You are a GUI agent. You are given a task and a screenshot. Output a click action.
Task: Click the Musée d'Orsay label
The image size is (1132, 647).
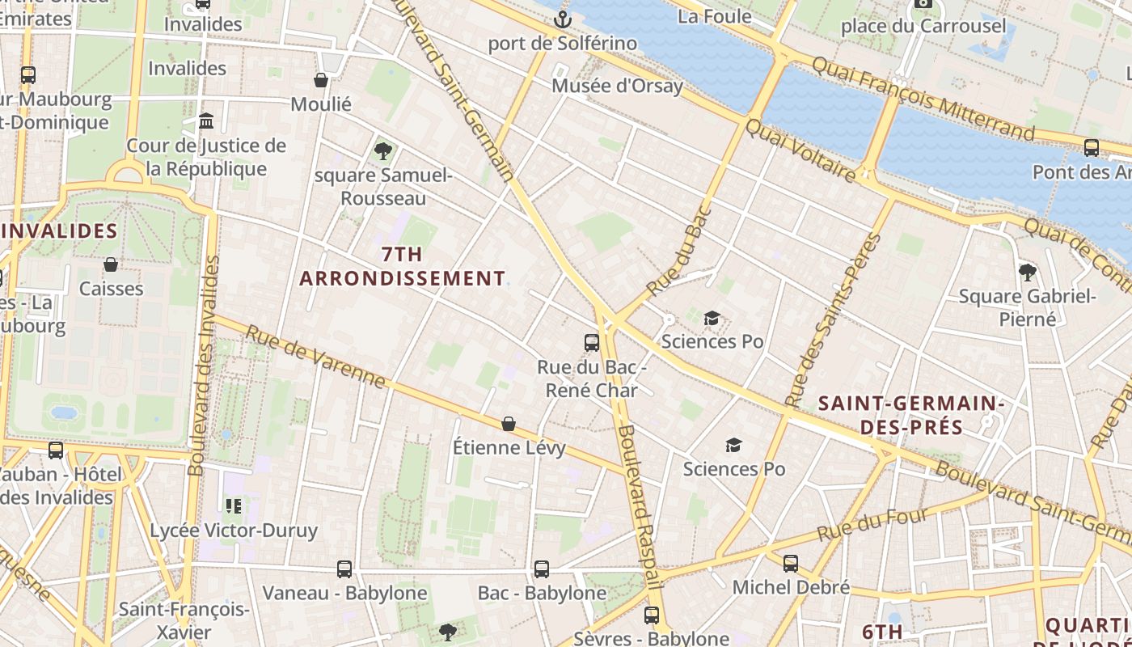(x=617, y=86)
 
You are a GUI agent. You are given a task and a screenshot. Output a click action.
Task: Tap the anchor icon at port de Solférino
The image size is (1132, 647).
(x=562, y=19)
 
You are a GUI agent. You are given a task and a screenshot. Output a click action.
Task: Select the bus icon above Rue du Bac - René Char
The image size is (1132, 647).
(x=592, y=342)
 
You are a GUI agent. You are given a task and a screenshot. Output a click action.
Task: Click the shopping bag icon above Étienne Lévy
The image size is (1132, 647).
(x=509, y=423)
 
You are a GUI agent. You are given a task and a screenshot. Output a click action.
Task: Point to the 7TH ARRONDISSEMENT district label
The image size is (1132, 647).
(x=403, y=266)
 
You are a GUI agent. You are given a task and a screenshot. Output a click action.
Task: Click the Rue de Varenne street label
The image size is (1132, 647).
(x=315, y=357)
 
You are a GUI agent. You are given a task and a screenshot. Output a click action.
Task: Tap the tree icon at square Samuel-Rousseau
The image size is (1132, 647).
(x=383, y=150)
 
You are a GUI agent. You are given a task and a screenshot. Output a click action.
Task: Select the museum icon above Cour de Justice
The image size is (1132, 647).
(x=206, y=121)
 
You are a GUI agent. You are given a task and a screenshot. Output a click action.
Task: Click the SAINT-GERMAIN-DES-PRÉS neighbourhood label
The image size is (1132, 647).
(x=911, y=415)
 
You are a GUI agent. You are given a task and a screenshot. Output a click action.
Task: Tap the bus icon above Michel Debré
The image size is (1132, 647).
(x=791, y=563)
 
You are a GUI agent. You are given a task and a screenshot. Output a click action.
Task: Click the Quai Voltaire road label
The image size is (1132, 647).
(x=800, y=151)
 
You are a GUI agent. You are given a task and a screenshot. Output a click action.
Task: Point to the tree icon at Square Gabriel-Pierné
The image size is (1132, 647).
(x=1027, y=272)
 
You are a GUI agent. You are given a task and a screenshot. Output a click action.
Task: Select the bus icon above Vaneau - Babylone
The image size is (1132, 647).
(x=344, y=569)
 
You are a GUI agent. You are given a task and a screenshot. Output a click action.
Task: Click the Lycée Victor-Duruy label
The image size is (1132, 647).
(x=234, y=531)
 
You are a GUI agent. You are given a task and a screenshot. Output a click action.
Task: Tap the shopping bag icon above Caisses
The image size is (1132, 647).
(x=111, y=264)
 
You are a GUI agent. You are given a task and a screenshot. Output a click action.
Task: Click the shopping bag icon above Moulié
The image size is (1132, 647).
(x=321, y=80)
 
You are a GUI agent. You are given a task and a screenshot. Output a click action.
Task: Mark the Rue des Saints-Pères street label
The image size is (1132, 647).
(x=834, y=319)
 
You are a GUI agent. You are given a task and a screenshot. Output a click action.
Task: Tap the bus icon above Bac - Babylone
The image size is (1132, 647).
(x=542, y=569)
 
